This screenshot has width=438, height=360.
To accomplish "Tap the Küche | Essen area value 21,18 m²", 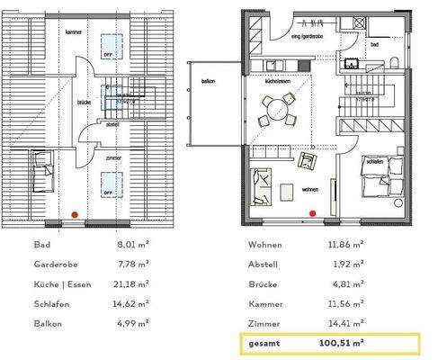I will [x=133, y=284].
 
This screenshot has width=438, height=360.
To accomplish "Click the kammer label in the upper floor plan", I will [x=74, y=32].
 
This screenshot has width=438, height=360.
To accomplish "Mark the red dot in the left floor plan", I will [x=74, y=213].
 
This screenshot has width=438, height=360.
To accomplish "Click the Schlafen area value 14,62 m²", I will [x=133, y=304].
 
